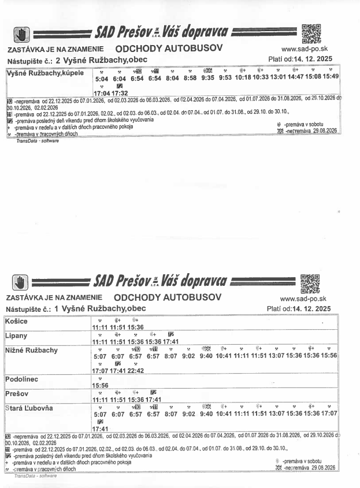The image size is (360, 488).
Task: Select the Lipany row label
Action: pos(17,336)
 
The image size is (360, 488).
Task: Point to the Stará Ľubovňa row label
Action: pos(29,408)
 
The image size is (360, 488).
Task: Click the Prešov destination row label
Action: pos(18,393)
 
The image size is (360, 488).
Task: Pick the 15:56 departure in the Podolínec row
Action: pos(101,385)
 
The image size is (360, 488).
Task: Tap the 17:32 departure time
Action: pos(120,92)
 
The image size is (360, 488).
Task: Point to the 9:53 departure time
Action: pos(225,77)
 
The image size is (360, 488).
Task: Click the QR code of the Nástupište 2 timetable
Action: pos(311,33)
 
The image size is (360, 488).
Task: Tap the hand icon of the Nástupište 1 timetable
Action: pos(21,282)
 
